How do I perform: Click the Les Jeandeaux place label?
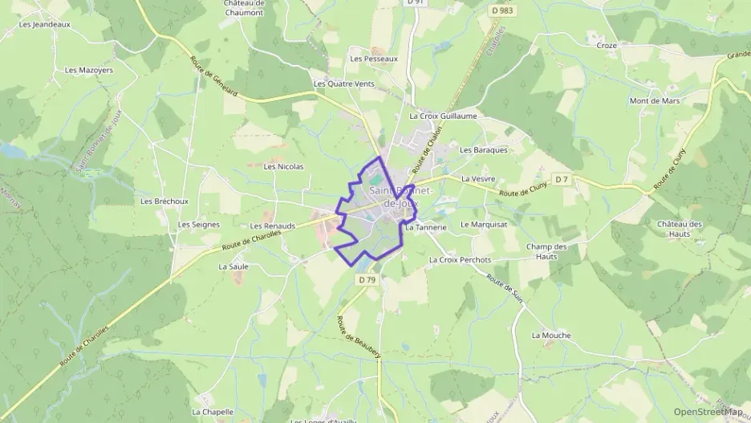[x=44, y=24]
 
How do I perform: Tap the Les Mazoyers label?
[x=88, y=70]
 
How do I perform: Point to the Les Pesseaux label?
[x=374, y=59]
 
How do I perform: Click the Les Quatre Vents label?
[x=343, y=83]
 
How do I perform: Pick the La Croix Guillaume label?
[x=443, y=116]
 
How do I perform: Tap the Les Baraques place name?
[x=483, y=149]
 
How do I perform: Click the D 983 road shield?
[x=502, y=10]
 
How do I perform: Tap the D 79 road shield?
[x=367, y=279]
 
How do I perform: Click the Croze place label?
[x=607, y=46]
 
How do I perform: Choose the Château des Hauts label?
[x=680, y=229]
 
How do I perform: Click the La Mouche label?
[x=551, y=335]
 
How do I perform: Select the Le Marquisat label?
[x=484, y=225]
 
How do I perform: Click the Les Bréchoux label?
[x=158, y=201]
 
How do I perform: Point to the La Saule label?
[x=233, y=266]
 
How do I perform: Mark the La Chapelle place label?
[x=213, y=412]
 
